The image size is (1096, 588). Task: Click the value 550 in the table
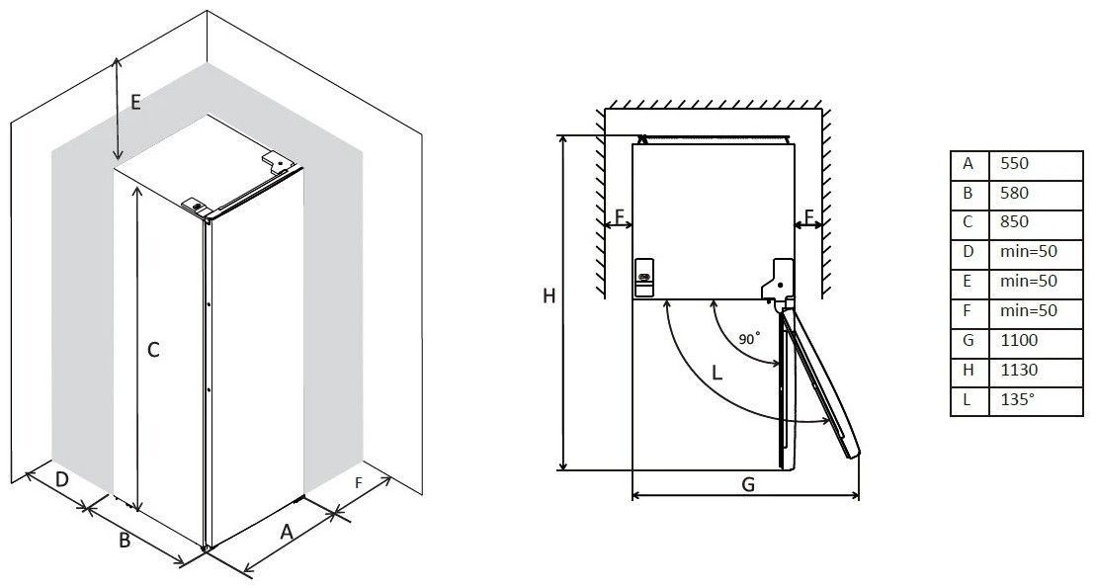coord(1014,164)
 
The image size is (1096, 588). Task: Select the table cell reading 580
coord(1014,193)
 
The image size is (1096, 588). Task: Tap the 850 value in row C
coord(1014,221)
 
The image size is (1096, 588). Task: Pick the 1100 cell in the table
coord(1018,341)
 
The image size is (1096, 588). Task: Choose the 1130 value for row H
coord(1018,370)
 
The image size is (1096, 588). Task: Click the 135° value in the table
coord(1017,399)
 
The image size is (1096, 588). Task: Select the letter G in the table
coord(969,341)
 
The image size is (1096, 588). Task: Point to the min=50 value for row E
coord(1028,281)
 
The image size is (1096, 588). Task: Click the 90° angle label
coord(748,338)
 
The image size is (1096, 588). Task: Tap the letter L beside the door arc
coord(717,373)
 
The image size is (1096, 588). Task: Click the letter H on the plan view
coord(549,296)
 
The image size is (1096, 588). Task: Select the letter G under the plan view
coord(748,484)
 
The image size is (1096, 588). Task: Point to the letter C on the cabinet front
coord(153,350)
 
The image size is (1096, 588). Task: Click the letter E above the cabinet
coord(135,103)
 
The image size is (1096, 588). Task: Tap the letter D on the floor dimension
coord(62,479)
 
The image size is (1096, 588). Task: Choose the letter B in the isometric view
coord(125,541)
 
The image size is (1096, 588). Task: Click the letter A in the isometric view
coord(286,532)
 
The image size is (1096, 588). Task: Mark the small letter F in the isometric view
coord(359,483)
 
